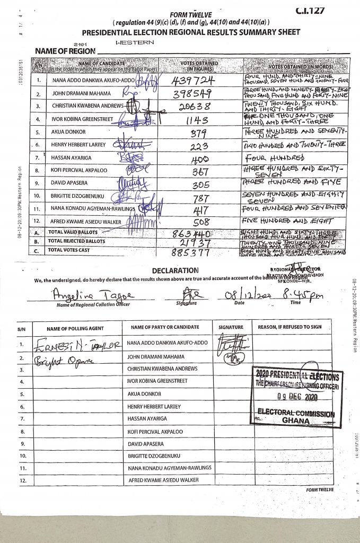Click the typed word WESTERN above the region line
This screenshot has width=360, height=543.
(135, 42)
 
